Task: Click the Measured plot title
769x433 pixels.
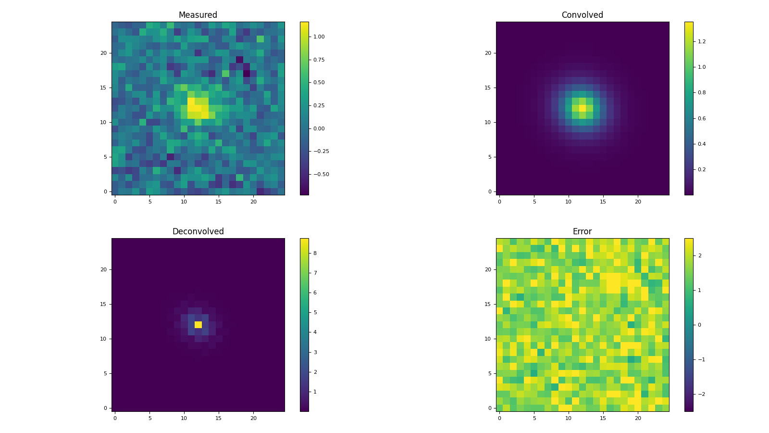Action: coord(198,15)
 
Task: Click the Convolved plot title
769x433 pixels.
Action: coord(582,15)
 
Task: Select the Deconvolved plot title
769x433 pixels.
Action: coord(198,231)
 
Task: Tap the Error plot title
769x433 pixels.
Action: coord(582,231)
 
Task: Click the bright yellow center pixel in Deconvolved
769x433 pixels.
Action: coord(198,325)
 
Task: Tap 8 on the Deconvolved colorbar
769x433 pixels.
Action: coord(315,253)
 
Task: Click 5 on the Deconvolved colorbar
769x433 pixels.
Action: coord(315,312)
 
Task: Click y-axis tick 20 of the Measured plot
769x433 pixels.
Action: coord(103,53)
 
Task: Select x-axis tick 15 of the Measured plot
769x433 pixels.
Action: coord(219,202)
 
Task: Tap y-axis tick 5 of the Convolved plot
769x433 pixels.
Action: coord(489,157)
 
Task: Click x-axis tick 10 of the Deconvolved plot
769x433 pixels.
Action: coord(184,418)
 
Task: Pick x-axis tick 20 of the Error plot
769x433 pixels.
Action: coord(638,418)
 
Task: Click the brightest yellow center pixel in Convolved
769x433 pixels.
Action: coord(583,108)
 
